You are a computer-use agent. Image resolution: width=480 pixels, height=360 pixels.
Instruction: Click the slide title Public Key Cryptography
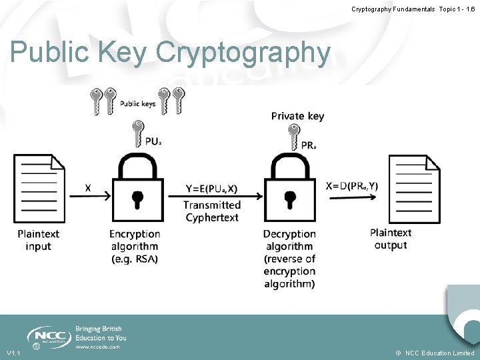pos(170,53)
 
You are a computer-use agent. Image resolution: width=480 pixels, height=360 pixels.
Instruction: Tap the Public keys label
pos(137,103)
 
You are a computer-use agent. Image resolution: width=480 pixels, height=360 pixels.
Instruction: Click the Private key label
pos(297,116)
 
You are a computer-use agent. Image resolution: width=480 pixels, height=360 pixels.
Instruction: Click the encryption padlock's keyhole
pos(137,198)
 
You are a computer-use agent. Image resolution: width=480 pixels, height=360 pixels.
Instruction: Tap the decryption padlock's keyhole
pos(290,198)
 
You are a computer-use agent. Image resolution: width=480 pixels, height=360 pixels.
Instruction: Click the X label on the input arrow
pos(88,188)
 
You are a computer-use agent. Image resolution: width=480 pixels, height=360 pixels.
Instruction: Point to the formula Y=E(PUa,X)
pos(211,188)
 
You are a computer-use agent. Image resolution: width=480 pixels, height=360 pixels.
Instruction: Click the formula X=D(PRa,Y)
pos(352,186)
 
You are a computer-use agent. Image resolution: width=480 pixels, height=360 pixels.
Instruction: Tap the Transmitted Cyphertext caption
pos(212,211)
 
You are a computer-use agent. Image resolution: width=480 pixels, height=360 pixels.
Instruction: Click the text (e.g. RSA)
pos(135,259)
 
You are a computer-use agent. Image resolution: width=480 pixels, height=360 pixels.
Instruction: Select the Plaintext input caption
pos(39,240)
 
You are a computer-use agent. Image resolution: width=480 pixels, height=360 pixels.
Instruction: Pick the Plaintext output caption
pos(391,239)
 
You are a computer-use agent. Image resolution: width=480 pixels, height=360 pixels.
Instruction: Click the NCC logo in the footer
pos(49,335)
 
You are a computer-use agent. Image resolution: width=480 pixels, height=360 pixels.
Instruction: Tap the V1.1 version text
pos(14,353)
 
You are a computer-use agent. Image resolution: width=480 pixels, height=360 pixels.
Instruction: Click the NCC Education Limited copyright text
pos(436,353)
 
